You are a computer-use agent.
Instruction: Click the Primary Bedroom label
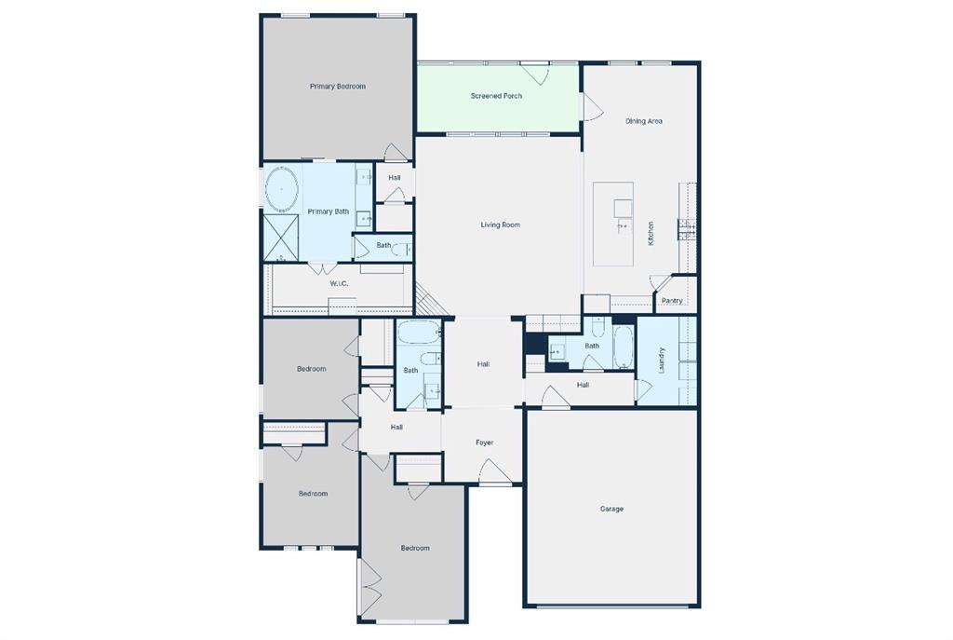tap(338, 87)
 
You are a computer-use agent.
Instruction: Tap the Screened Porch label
tap(496, 96)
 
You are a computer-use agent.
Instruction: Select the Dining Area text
tap(644, 121)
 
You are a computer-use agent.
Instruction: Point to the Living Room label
tap(500, 225)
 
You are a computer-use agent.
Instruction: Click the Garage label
tap(611, 509)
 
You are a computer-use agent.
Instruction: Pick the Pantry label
tap(672, 301)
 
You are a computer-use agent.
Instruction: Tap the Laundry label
tap(662, 360)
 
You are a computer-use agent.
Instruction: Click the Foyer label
tap(485, 443)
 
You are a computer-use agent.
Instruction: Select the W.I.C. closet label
tap(339, 283)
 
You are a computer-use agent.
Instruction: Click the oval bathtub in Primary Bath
tap(282, 190)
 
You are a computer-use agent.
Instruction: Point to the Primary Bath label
tap(329, 211)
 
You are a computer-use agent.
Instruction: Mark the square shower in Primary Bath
tap(281, 238)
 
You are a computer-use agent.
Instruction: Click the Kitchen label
tap(651, 232)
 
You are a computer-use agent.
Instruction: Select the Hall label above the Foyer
tap(484, 364)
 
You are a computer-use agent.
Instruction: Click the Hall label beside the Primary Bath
tap(395, 177)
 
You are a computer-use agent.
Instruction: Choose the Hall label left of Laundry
tap(583, 385)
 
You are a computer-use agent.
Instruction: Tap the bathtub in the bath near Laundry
tap(624, 347)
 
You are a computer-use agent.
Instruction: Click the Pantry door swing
tap(660, 283)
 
